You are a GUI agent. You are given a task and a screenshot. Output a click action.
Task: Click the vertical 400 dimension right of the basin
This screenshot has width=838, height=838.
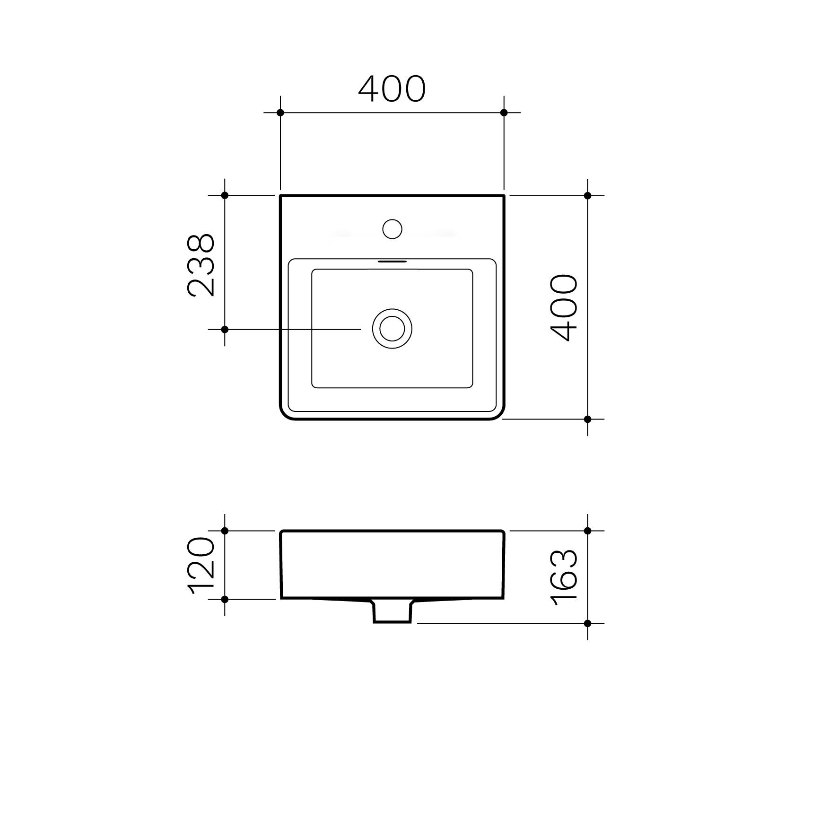tap(565, 307)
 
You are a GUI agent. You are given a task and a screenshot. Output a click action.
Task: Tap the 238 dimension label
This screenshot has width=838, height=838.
tap(201, 265)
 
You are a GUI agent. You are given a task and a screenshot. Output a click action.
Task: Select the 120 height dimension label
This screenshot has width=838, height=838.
tap(201, 565)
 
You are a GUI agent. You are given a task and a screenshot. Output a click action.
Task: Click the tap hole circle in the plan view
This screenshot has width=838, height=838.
tap(392, 229)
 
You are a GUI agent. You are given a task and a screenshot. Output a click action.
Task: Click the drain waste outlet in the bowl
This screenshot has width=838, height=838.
tap(392, 329)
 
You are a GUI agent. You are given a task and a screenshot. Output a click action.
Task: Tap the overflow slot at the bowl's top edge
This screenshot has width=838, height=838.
tap(392, 260)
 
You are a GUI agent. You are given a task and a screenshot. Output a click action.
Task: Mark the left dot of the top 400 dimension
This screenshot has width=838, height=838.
tap(280, 113)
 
